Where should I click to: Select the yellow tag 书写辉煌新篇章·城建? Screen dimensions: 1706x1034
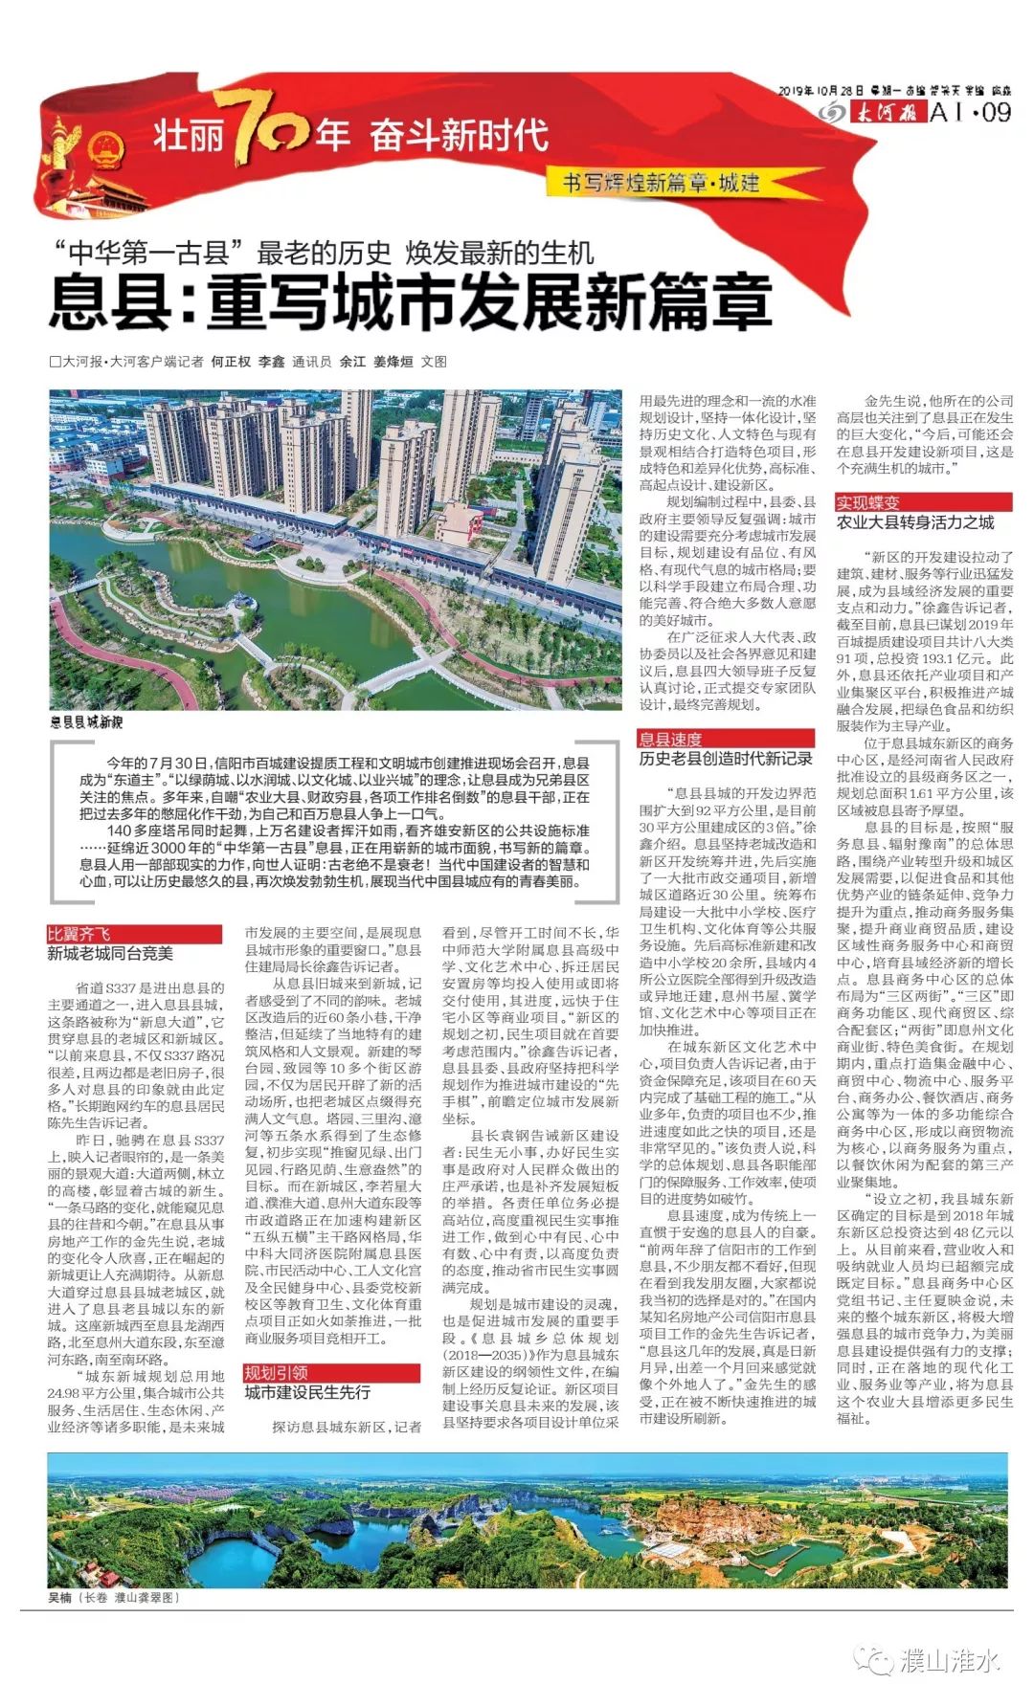point(662,183)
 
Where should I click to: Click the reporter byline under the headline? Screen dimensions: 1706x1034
point(249,362)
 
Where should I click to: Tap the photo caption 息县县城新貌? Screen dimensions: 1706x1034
point(87,721)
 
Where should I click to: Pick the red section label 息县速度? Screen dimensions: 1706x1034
point(671,739)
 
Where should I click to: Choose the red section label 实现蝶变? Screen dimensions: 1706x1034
point(868,502)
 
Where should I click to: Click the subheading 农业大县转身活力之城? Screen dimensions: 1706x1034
point(915,522)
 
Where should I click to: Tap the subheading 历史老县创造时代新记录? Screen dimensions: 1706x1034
point(726,759)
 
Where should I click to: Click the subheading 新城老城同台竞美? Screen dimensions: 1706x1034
point(111,954)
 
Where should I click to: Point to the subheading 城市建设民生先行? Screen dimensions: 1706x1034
point(307,1392)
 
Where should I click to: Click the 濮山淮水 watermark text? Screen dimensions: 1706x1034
point(950,1660)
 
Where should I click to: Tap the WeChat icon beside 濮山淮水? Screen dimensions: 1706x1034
point(873,1660)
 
